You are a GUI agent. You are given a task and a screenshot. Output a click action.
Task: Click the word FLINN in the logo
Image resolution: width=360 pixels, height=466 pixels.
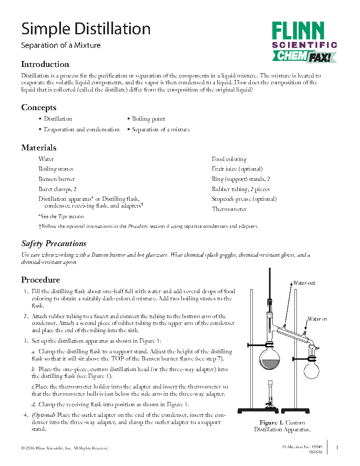[298, 31]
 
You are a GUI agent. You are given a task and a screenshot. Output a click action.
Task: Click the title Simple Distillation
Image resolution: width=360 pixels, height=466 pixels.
[86, 29]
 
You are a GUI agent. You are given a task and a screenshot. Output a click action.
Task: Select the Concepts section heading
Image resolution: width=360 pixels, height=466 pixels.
[39, 108]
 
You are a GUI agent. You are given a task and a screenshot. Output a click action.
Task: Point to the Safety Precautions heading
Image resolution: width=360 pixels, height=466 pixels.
[54, 244]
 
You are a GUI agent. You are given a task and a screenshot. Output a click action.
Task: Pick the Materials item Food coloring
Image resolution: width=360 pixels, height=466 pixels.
[229, 159]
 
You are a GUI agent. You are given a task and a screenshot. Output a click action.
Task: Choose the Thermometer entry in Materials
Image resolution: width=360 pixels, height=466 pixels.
[229, 209]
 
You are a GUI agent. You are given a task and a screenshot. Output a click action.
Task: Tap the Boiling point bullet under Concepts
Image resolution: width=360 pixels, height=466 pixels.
[148, 119]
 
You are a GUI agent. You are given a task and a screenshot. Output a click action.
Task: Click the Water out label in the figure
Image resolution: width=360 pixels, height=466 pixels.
[304, 283]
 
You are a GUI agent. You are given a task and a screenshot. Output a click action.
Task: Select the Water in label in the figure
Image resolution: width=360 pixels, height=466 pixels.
[317, 319]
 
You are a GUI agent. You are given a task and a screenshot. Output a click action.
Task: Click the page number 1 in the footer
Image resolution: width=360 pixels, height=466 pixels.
[337, 448]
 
